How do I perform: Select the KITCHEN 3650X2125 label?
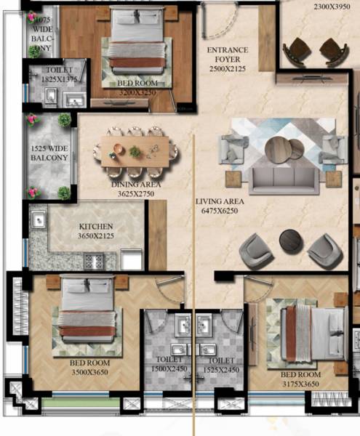tap(96, 231)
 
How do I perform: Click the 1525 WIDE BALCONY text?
tap(49, 158)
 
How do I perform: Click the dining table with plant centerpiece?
tap(135, 150)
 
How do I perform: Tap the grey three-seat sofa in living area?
tap(281, 177)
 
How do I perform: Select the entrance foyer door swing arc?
tap(217, 22)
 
